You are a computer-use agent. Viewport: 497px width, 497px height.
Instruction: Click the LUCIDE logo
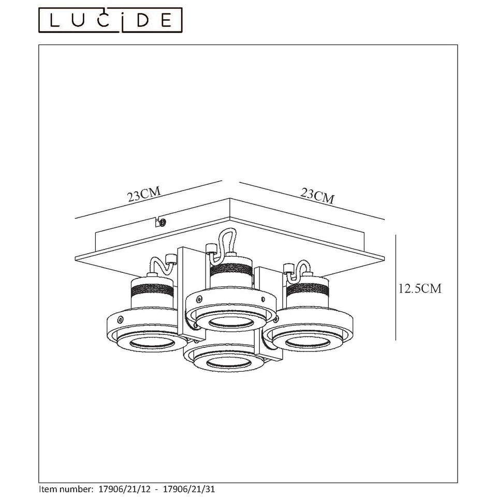[112, 20]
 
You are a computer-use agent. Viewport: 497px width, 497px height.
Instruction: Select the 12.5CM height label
[420, 288]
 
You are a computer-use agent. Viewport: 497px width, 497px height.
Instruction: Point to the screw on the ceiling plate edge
[162, 223]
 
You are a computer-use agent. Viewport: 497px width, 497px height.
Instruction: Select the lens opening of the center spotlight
[228, 322]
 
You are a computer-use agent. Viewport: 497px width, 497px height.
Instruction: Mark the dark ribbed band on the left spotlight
[152, 289]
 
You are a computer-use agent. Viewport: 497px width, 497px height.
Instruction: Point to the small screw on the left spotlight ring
[121, 319]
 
